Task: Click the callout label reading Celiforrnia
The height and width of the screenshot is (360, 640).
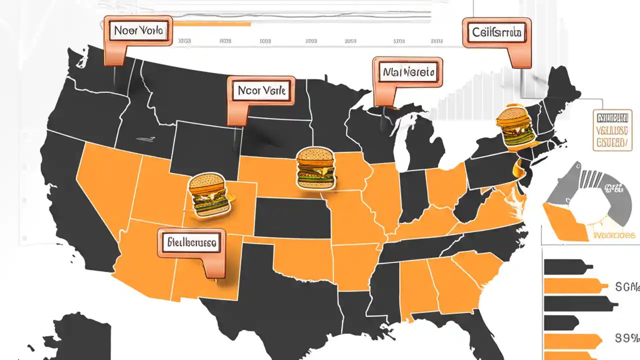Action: click(496, 33)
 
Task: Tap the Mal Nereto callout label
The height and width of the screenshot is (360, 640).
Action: click(408, 72)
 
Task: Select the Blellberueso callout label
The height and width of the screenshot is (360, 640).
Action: click(191, 243)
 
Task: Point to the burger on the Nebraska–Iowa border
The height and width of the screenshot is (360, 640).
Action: click(315, 167)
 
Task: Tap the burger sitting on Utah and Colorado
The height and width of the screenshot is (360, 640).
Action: click(209, 194)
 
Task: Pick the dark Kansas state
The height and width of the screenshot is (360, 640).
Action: click(292, 217)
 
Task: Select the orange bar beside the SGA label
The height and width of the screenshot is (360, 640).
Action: click(575, 286)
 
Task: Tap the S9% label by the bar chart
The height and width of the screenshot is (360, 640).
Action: click(626, 337)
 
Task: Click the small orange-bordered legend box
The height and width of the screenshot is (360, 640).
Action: click(610, 131)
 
